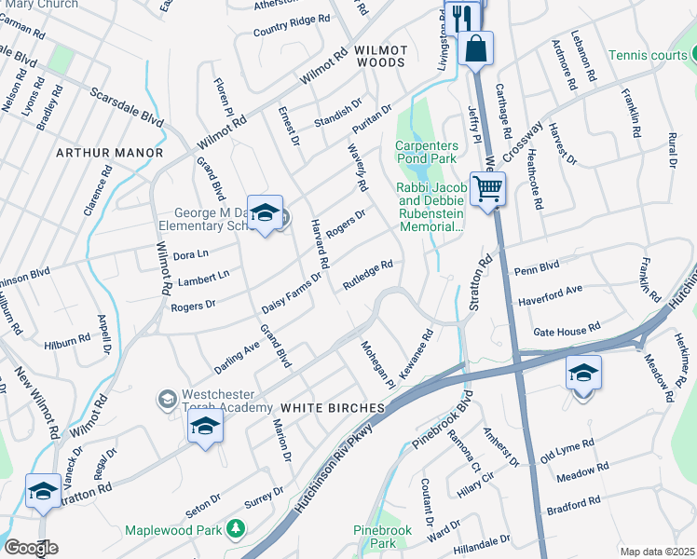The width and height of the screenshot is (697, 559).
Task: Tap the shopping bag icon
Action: pyautogui.click(x=475, y=48)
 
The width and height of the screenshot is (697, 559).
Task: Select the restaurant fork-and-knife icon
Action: pyautogui.click(x=462, y=16)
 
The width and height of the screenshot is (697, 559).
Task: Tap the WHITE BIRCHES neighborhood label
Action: pyautogui.click(x=333, y=408)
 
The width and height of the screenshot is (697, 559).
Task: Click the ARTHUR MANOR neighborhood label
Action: pyautogui.click(x=109, y=152)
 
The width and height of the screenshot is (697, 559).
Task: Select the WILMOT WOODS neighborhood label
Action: pyautogui.click(x=380, y=55)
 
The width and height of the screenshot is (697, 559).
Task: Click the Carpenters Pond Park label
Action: pyautogui.click(x=427, y=152)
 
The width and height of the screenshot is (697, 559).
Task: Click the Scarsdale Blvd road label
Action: pyautogui.click(x=126, y=108)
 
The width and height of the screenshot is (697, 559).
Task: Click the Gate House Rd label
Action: pyautogui.click(x=566, y=331)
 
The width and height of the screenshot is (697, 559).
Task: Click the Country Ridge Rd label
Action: pyautogui.click(x=292, y=25)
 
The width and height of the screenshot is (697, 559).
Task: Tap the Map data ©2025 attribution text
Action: pyautogui.click(x=657, y=552)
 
